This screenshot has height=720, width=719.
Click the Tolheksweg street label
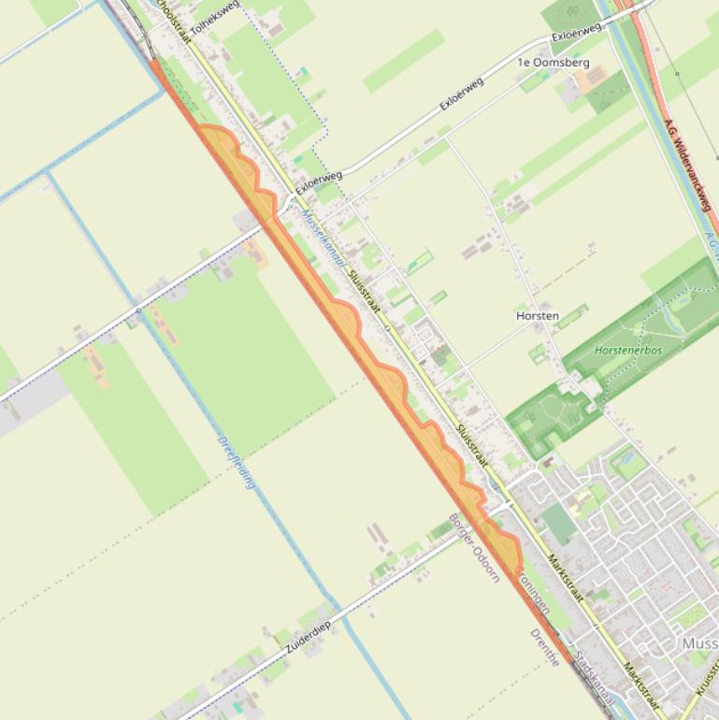[214, 18]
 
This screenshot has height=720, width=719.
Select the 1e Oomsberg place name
[554, 63]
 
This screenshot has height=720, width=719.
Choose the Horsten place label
[538, 316]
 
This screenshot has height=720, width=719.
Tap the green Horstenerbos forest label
[628, 351]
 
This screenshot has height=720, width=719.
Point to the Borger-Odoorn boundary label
[474, 548]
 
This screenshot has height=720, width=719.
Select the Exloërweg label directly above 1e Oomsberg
[576, 36]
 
